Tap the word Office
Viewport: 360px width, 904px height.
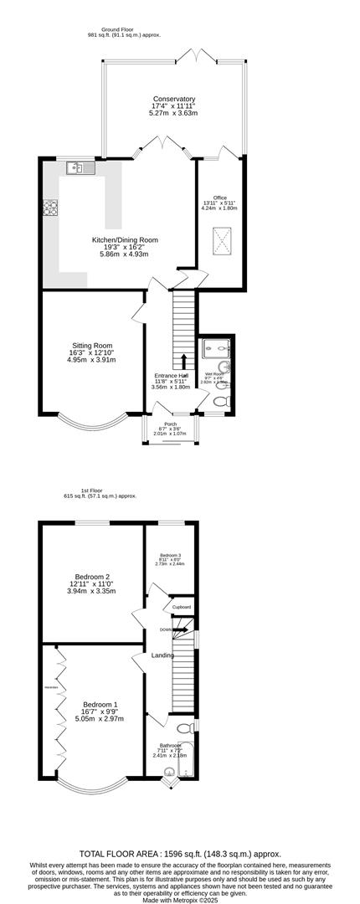pos(219,198)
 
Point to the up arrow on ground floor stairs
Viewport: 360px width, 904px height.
pos(184,361)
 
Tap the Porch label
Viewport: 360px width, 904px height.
pos(170,424)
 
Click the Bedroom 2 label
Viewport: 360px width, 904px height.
pos(93,577)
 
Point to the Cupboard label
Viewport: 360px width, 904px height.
pos(182,607)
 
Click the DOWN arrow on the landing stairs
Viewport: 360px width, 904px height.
pos(167,629)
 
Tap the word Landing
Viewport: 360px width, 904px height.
pos(162,655)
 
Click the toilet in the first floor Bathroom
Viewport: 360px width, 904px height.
pos(183,727)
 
